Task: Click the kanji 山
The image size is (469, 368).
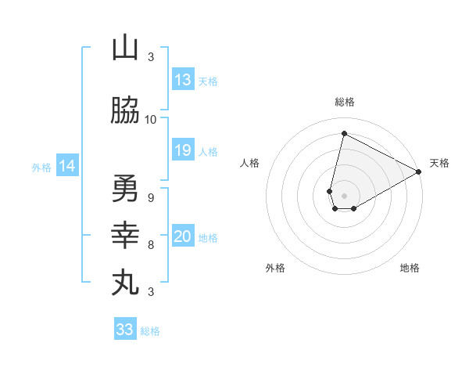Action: click(125, 49)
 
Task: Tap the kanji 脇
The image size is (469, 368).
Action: click(125, 111)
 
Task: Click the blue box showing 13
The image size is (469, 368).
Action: click(183, 80)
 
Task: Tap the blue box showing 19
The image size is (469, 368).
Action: click(183, 150)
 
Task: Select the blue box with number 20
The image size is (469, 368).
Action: click(183, 236)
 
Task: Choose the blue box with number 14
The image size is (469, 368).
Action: click(67, 166)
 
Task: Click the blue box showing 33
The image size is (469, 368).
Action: click(125, 330)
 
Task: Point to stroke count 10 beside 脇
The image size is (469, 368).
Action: click(151, 120)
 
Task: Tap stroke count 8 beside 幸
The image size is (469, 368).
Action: click(151, 245)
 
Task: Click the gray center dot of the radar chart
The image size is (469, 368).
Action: click(344, 196)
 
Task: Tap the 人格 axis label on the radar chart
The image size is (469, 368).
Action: click(249, 163)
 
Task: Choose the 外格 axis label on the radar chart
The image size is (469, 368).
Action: click(275, 268)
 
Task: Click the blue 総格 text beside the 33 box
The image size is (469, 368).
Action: click(150, 331)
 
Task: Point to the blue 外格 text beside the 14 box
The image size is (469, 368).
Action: click(41, 167)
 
